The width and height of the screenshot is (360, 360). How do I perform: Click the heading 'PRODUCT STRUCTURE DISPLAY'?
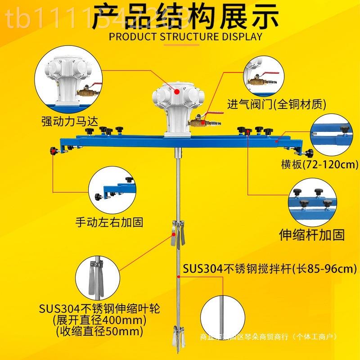[185, 36]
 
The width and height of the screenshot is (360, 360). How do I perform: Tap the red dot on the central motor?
[177, 91]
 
